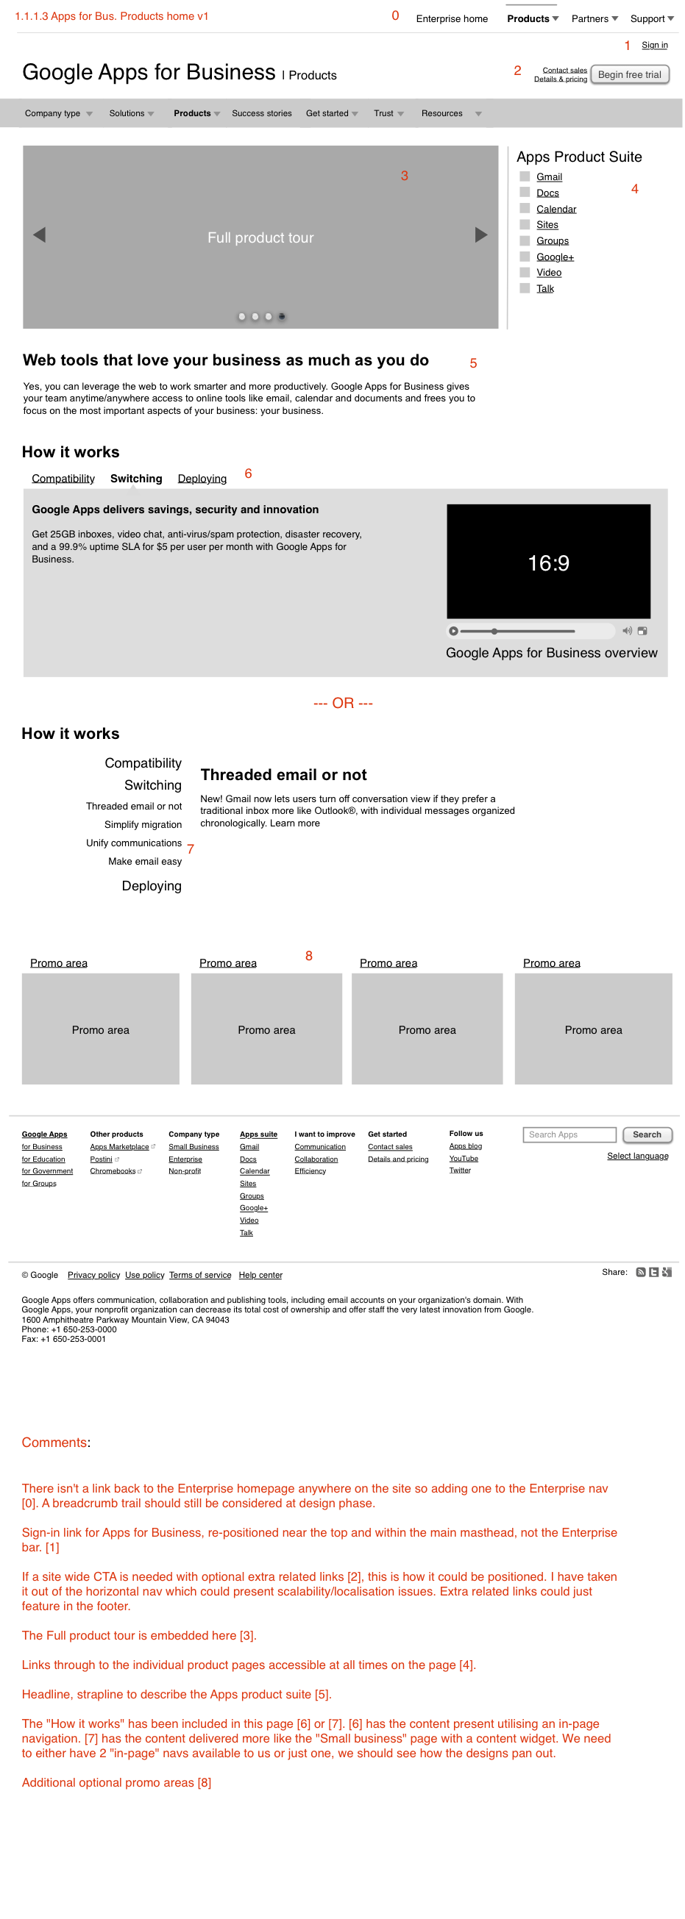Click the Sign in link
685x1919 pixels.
pyautogui.click(x=653, y=45)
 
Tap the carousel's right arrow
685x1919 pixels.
pyautogui.click(x=480, y=235)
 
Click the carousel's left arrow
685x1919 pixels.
pyautogui.click(x=40, y=235)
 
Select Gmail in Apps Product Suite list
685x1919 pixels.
pyautogui.click(x=549, y=176)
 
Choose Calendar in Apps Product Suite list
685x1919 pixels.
pyautogui.click(x=556, y=210)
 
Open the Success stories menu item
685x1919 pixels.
pyautogui.click(x=262, y=113)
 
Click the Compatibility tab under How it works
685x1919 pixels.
pyautogui.click(x=63, y=478)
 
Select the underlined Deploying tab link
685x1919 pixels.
pyautogui.click(x=202, y=478)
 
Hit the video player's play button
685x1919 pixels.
pyautogui.click(x=453, y=631)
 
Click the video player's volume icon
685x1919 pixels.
pyautogui.click(x=627, y=631)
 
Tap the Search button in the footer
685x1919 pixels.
pyautogui.click(x=646, y=1134)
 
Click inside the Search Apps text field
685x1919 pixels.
pyautogui.click(x=569, y=1134)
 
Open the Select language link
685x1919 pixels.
pyautogui.click(x=637, y=1156)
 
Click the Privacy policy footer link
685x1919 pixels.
pyautogui.click(x=93, y=1275)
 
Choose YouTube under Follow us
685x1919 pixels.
pyautogui.click(x=464, y=1159)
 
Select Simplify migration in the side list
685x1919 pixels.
pyautogui.click(x=143, y=825)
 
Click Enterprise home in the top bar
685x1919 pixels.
pyautogui.click(x=452, y=18)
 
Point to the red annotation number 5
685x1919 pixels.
pyautogui.click(x=473, y=363)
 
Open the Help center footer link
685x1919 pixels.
pyautogui.click(x=260, y=1275)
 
